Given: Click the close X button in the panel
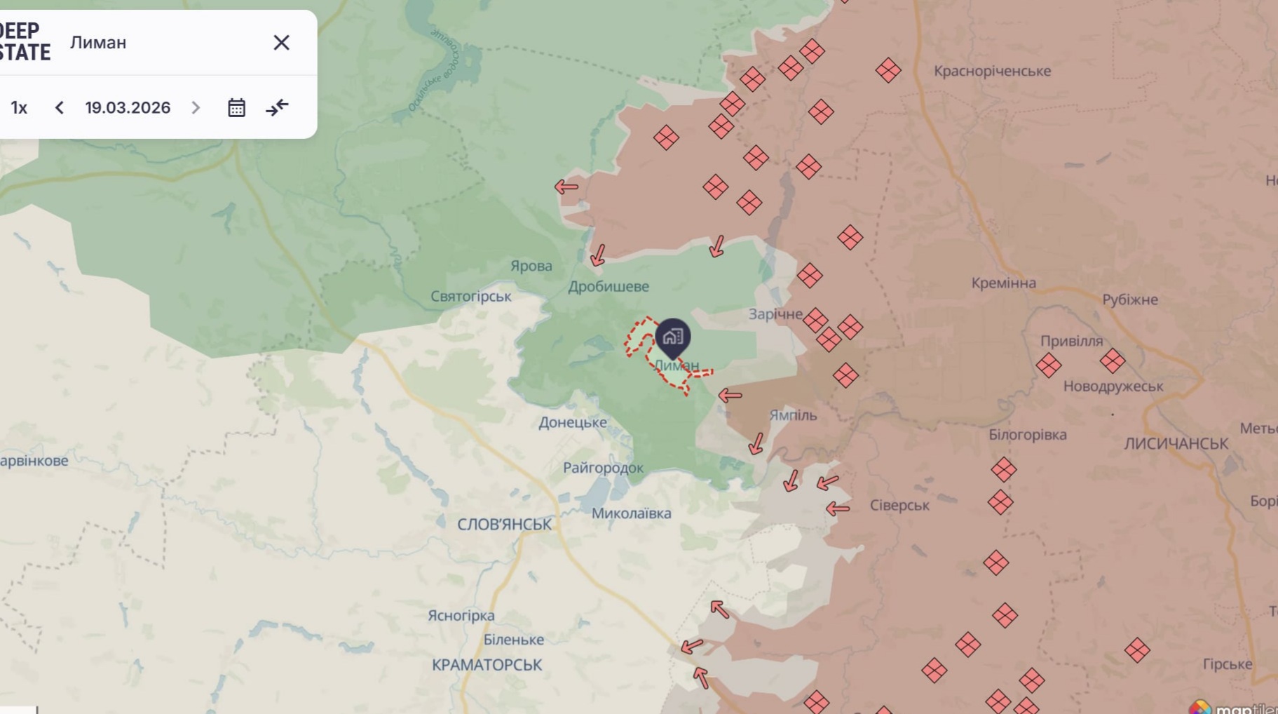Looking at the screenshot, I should click(x=281, y=43).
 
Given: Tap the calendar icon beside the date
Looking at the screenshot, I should click(x=236, y=107).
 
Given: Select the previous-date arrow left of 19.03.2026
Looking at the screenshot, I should click(x=60, y=107).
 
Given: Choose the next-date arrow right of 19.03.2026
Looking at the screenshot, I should click(x=196, y=107).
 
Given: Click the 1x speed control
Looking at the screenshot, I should click(x=19, y=107).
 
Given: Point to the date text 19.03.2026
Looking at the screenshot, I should click(x=128, y=107).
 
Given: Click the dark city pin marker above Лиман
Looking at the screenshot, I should click(x=672, y=337).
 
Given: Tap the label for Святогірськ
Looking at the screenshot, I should click(x=470, y=297).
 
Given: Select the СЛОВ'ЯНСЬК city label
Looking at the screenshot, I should click(x=504, y=524).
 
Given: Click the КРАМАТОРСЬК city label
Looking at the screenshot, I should click(x=487, y=664).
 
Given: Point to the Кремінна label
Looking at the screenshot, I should click(x=1003, y=283).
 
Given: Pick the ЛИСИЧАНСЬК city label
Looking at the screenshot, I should click(x=1176, y=443).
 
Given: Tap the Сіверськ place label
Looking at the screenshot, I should click(x=899, y=505).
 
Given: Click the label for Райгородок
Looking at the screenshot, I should click(x=603, y=468).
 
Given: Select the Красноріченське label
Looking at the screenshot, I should click(x=992, y=71).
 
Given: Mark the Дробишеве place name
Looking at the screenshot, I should click(x=608, y=286).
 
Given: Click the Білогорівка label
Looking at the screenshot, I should click(x=1027, y=435).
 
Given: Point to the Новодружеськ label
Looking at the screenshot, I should click(x=1113, y=386).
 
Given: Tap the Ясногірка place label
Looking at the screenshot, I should click(x=461, y=615).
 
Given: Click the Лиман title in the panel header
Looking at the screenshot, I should click(x=98, y=43).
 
